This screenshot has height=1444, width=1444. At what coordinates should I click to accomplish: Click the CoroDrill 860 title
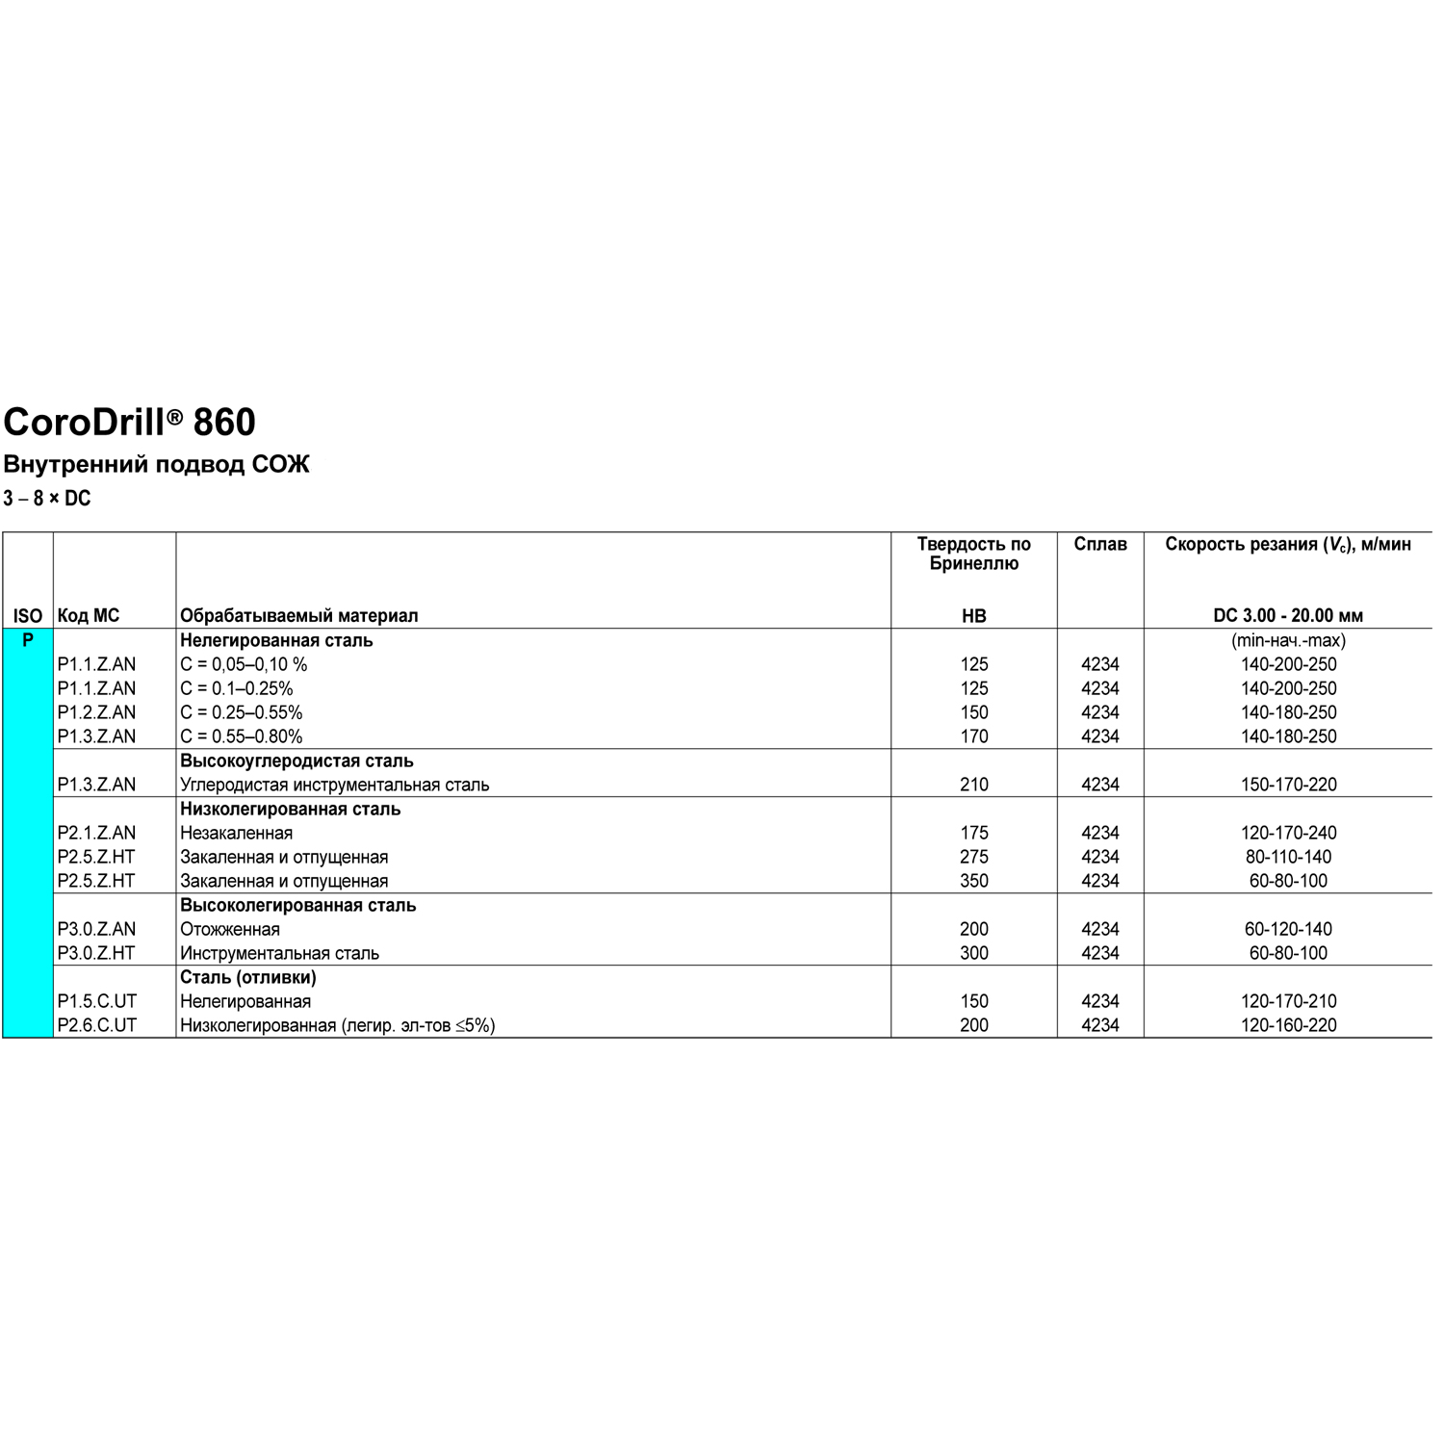(129, 423)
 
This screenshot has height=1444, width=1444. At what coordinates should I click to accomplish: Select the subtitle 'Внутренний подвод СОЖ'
(156, 465)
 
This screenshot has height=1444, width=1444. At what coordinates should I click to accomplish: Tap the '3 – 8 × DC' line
(47, 499)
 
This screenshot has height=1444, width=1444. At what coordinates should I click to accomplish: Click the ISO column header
(28, 616)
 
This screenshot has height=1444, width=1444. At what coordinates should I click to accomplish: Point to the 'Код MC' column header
(89, 616)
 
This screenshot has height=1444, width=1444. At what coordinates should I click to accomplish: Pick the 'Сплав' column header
(1100, 545)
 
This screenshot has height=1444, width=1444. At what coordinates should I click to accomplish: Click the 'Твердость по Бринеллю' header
(973, 554)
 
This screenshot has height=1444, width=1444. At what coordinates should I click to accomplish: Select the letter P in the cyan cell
(28, 640)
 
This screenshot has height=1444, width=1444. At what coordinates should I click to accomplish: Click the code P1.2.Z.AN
(96, 712)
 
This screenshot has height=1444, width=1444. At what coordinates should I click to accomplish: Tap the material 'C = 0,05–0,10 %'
(244, 664)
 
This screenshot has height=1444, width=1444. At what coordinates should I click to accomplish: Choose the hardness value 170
(973, 736)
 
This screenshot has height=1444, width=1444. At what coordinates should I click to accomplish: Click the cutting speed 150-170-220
(1288, 785)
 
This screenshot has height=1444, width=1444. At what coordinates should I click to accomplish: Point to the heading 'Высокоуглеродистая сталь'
(297, 761)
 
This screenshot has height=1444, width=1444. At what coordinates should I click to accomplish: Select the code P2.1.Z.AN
(96, 833)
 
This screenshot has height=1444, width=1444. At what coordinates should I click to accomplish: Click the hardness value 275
(973, 857)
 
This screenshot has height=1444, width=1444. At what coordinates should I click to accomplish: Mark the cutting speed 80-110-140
(1288, 857)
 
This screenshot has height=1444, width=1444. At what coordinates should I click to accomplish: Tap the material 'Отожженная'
(230, 929)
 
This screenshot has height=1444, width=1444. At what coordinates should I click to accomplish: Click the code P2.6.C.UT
(97, 1025)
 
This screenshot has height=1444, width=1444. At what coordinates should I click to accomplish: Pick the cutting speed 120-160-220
(1288, 1025)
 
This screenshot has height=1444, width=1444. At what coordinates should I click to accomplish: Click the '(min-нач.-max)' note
(1288, 640)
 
